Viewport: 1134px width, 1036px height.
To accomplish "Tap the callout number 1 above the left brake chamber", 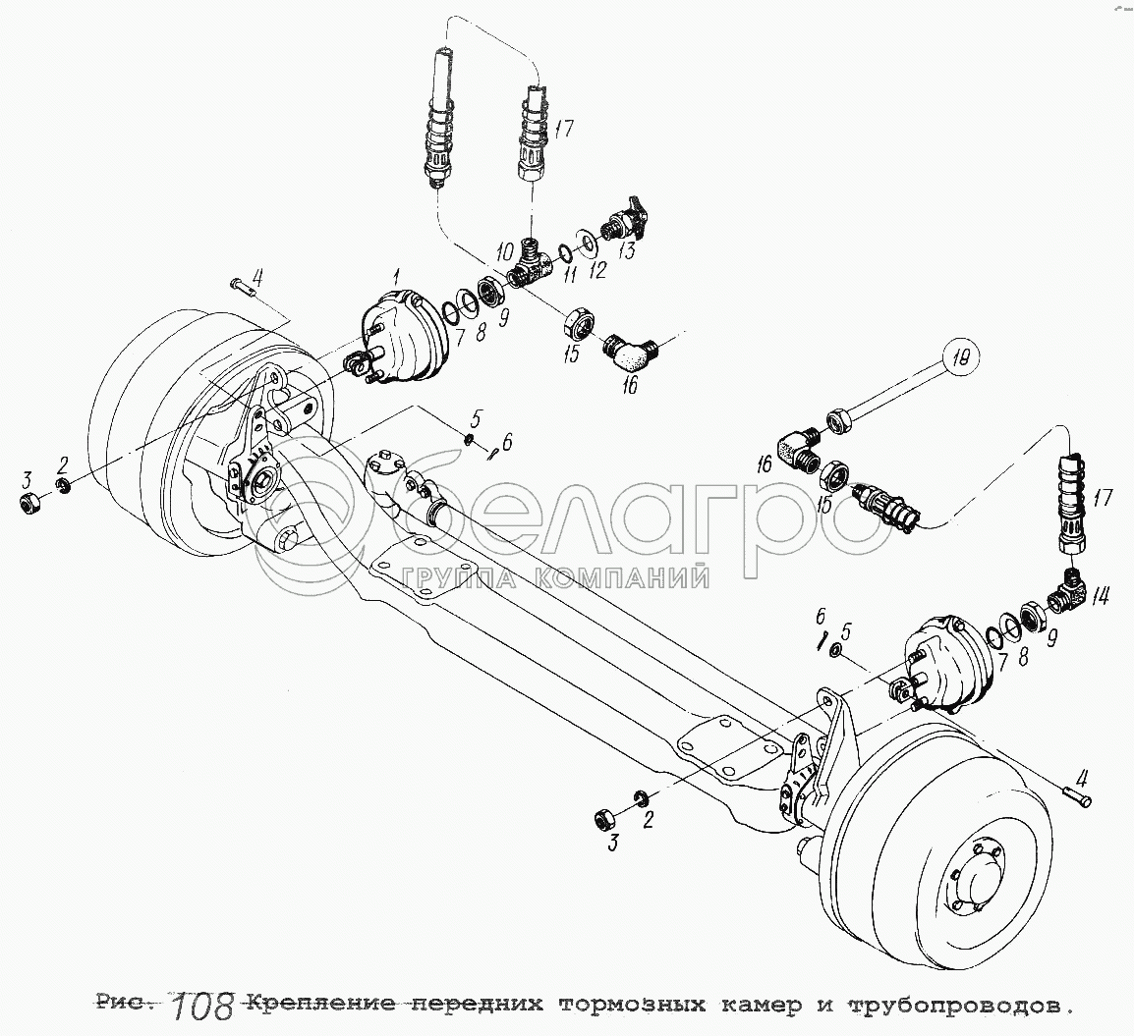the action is (396, 275).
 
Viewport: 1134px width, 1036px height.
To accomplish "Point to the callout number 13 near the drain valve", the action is (627, 250).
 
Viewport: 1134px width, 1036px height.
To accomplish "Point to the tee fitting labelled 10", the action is (530, 266).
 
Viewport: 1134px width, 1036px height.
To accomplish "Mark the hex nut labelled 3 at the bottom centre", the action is (603, 820).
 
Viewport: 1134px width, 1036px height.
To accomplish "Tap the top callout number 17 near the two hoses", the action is (564, 130).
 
